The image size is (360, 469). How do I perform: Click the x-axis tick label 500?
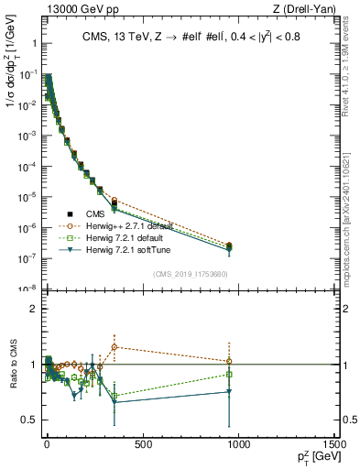pos(142,444)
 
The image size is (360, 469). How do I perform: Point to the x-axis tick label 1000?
pos(238,444)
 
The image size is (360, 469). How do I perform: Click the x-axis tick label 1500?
pos(334,444)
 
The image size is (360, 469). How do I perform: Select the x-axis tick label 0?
pos(47,444)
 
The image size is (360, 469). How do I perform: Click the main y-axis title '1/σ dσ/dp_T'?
pos(13,92)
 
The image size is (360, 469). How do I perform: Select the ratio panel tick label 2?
pos(32,309)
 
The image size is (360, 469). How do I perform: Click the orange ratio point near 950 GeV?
pos(229,361)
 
